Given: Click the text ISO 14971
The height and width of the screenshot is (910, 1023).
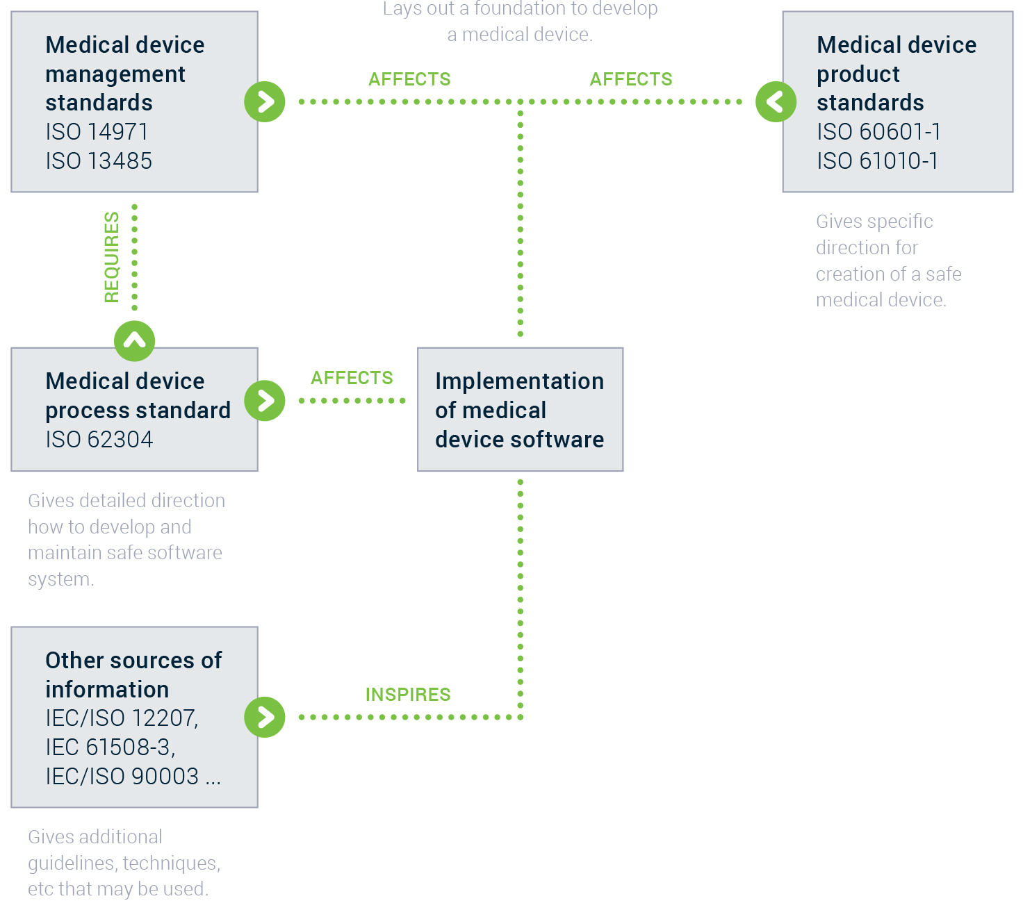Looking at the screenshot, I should (97, 132).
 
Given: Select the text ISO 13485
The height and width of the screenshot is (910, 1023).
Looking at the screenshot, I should (99, 161).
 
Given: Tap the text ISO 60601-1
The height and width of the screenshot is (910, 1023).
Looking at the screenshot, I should (878, 132).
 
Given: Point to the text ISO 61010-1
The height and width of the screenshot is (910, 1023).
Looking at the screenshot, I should (877, 161).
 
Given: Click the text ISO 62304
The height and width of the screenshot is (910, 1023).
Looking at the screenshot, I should (99, 440).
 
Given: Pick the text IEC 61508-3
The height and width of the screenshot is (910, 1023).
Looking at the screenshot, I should (109, 747).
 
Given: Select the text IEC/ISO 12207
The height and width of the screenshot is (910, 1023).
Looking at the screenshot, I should (121, 718).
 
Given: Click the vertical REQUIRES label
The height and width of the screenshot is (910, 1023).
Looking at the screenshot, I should (112, 258).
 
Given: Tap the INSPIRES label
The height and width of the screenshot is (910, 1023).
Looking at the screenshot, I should (408, 695).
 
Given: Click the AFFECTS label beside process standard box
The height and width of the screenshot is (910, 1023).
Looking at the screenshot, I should (352, 378).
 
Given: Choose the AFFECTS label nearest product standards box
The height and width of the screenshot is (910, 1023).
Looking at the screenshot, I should (631, 79).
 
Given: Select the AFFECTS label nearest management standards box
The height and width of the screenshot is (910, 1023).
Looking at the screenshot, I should (409, 79).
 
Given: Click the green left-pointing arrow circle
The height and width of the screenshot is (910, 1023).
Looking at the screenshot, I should (776, 102).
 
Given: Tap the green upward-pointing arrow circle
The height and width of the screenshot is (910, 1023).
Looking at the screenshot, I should (134, 341).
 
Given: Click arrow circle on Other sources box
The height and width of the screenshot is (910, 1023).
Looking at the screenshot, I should (265, 717).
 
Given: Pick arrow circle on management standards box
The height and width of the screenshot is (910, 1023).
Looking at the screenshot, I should (265, 102).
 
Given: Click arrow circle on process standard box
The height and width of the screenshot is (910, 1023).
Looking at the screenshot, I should (265, 401).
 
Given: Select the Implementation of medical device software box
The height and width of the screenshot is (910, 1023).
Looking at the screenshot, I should (520, 410).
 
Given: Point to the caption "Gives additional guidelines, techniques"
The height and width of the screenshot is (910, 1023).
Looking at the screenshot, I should (124, 850).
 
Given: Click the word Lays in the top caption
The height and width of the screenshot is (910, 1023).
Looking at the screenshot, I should (402, 9).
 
